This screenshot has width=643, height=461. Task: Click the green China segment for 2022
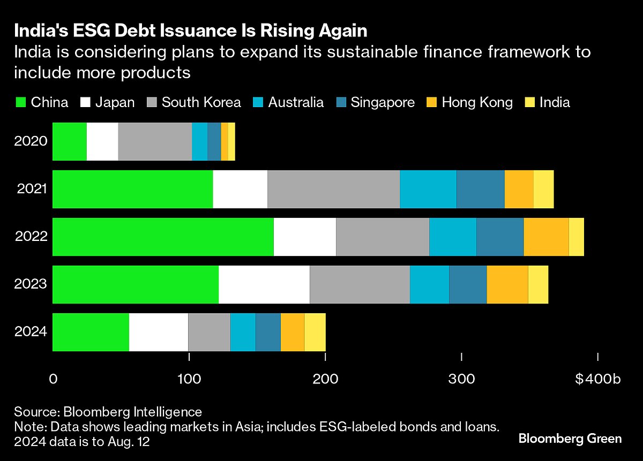[x=163, y=237]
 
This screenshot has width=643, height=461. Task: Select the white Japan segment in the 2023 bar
[x=264, y=284]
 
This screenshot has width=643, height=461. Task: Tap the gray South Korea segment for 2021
[x=333, y=189]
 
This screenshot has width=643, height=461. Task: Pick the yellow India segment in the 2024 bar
[x=315, y=331]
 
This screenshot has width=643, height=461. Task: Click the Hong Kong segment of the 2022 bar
[x=546, y=237]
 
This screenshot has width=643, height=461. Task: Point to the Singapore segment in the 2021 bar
[x=481, y=189]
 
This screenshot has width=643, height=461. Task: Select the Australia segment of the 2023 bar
[x=429, y=284]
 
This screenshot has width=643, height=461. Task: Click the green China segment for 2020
[x=70, y=141]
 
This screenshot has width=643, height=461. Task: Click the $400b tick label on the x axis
[x=597, y=379]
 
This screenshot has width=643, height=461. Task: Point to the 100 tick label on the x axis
[x=189, y=379]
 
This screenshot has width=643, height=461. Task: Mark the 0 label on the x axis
[x=53, y=379]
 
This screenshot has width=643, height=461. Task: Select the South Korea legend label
[x=201, y=102]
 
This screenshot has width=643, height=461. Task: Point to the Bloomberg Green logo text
[x=570, y=439]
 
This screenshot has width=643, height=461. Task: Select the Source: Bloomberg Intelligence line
[x=108, y=412]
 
